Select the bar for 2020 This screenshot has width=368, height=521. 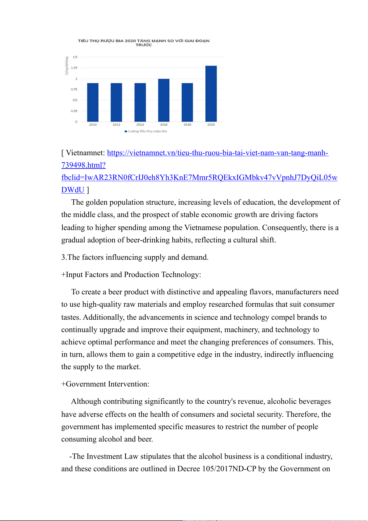pyautogui.click(x=211, y=93)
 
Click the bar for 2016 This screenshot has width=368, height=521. pyautogui.click(x=164, y=100)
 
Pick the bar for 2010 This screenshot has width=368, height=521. pyautogui.click(x=93, y=102)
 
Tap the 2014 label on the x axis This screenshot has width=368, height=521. pyautogui.click(x=140, y=125)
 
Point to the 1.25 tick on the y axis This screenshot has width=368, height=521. pyautogui.click(x=74, y=68)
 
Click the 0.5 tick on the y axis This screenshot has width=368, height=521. pyautogui.click(x=75, y=100)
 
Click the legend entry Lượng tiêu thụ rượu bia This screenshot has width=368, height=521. pyautogui.click(x=147, y=131)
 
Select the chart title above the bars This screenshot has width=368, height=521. pyautogui.click(x=144, y=43)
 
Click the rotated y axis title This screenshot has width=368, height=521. pyautogui.click(x=66, y=66)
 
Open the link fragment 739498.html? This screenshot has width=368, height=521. pyautogui.click(x=83, y=165)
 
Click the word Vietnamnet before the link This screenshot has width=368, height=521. pyautogui.click(x=86, y=153)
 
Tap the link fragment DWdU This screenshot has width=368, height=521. pyautogui.click(x=73, y=190)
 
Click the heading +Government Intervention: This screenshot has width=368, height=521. pyautogui.click(x=105, y=384)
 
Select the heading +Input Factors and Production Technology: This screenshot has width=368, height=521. pyautogui.click(x=131, y=275)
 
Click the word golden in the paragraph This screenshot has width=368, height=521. pyautogui.click(x=96, y=202)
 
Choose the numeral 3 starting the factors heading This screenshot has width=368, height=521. pyautogui.click(x=63, y=257)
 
